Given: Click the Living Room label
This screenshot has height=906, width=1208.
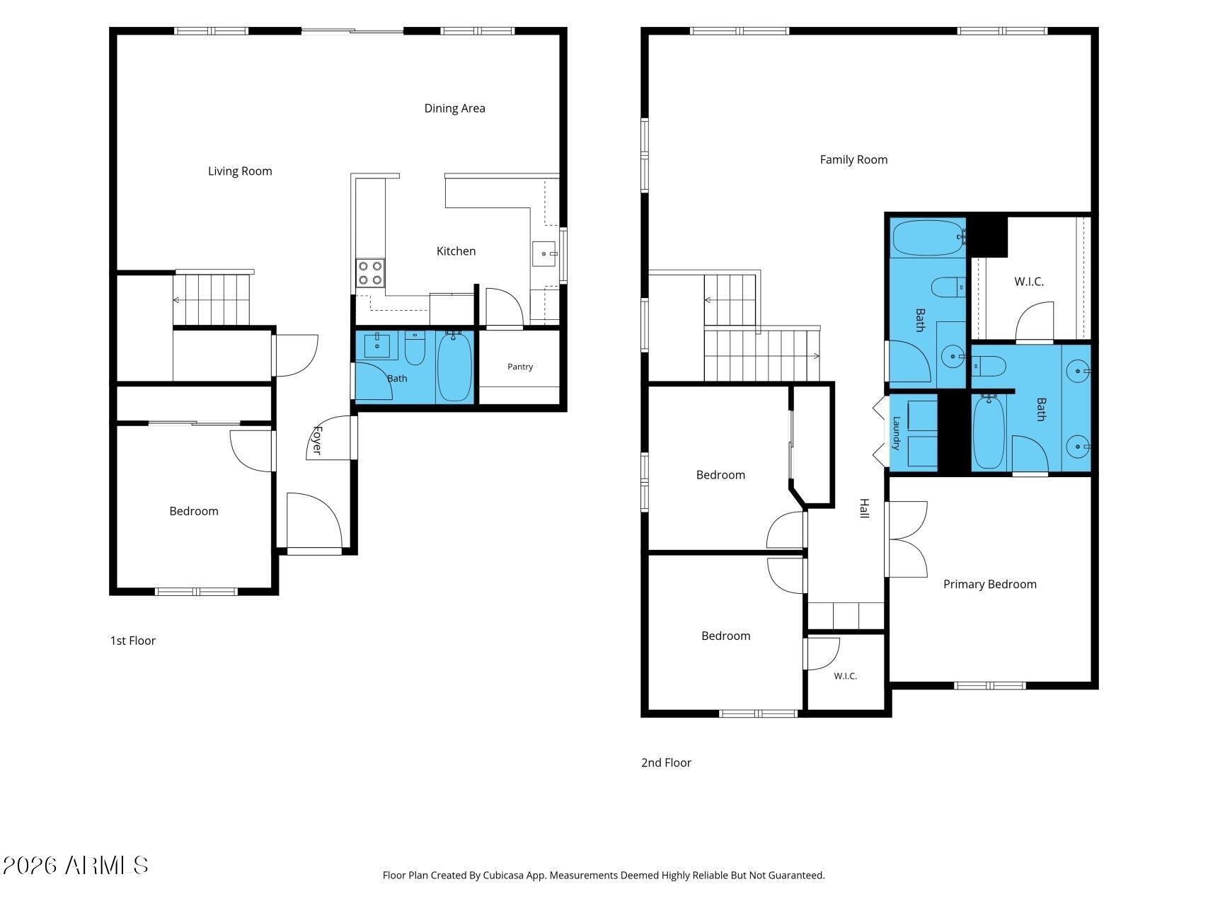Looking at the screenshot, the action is tap(240, 171).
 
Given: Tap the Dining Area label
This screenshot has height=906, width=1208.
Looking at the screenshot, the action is tap(454, 108).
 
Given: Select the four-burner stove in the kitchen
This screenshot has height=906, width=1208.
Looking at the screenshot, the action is tap(370, 273).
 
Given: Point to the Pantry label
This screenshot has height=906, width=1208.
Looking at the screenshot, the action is tap(520, 367).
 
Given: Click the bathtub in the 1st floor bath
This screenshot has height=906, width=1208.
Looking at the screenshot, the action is tap(454, 367).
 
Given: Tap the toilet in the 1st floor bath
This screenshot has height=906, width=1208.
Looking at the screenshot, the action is tap(415, 348).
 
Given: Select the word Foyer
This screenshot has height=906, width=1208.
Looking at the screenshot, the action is tap(317, 440).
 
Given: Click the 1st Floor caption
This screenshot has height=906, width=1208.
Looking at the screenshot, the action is tap(132, 641).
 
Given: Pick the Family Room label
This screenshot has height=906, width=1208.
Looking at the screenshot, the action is tap(853, 160).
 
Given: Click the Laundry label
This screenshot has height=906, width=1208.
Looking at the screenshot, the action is tap(896, 433).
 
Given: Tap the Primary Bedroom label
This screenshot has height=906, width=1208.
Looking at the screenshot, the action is tap(989, 585).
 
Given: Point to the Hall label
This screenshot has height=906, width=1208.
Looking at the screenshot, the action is tap(864, 508).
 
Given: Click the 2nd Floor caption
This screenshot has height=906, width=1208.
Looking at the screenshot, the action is tap(666, 762).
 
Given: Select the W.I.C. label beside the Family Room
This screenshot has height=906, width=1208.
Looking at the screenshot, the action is tap(1029, 282).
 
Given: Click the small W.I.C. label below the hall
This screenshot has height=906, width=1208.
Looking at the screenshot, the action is tap(845, 676).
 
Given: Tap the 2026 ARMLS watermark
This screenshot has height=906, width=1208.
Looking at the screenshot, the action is tap(75, 865).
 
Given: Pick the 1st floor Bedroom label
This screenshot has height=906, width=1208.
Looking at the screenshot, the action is tap(194, 512).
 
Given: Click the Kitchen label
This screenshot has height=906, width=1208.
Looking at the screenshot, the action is tap(456, 251).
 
